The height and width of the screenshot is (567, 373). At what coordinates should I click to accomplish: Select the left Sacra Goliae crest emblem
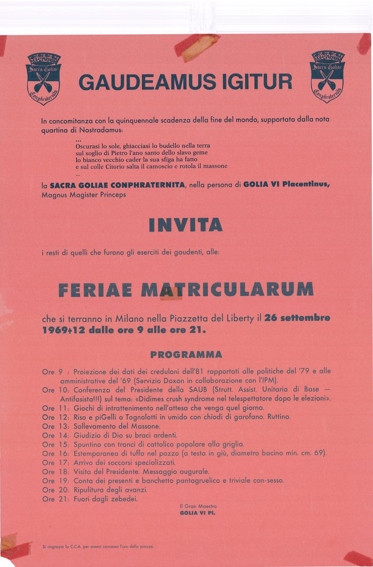coord(43,78)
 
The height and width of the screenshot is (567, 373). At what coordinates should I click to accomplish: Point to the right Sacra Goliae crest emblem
coord(327,76)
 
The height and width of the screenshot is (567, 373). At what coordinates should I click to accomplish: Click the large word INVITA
coord(185,224)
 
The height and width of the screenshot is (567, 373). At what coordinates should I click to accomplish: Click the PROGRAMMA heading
coord(186,354)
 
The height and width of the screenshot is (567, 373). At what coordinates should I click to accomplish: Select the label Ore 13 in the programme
coord(55,426)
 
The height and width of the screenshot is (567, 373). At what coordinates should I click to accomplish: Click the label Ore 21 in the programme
coord(55,498)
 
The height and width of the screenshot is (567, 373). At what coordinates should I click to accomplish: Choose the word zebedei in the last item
coord(121,498)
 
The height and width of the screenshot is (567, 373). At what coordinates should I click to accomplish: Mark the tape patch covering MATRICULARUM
coord(171,293)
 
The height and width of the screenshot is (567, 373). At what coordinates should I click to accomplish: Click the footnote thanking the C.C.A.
coord(98,547)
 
